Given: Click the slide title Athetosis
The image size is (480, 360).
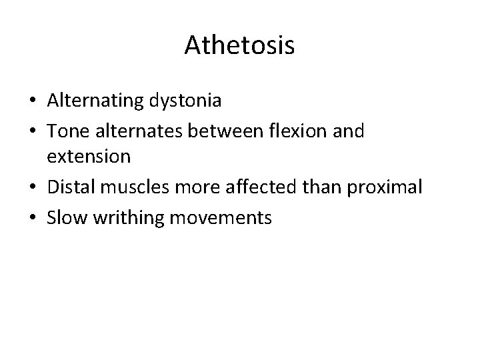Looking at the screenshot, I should click(x=240, y=45).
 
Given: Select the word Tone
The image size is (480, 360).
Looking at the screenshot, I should click(x=65, y=131).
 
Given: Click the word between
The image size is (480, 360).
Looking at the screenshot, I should click(x=222, y=131).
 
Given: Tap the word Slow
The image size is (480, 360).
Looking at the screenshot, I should click(x=66, y=217).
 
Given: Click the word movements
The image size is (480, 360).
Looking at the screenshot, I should click(x=221, y=217).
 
